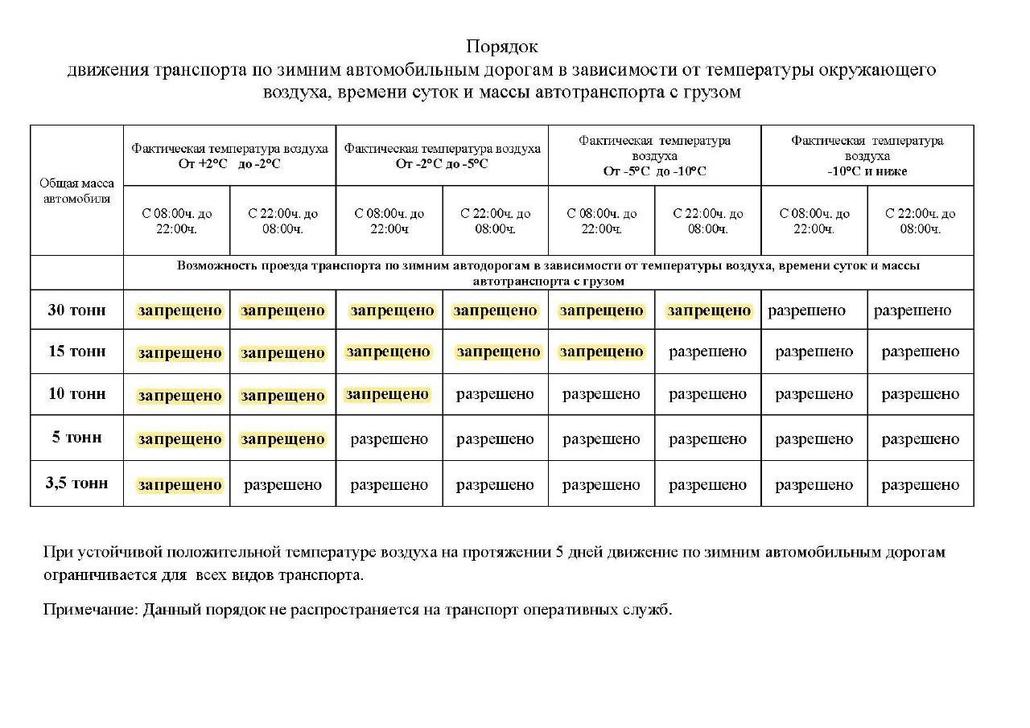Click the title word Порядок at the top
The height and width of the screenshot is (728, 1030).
502,47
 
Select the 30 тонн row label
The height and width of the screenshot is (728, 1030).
76,310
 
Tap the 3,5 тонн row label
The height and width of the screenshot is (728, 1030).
76,483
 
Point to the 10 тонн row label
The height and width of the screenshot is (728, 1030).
76,394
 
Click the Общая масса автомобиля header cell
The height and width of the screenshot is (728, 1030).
76,191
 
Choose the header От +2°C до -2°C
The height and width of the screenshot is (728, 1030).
229,163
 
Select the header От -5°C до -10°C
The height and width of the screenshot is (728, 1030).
653,171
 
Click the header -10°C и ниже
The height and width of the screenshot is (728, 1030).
867,171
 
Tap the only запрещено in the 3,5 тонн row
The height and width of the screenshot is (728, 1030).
179,484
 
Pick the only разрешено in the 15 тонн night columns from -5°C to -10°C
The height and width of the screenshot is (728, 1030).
707,352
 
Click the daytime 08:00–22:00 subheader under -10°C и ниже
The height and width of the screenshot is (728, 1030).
814,221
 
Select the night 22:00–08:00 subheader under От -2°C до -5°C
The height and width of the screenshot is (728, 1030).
495,221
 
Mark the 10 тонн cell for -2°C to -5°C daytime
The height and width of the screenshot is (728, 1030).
387,394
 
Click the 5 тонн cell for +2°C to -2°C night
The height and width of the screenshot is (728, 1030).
282,439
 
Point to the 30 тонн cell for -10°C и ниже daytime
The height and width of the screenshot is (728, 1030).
806,311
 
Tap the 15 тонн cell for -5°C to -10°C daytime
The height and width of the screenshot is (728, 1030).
601,352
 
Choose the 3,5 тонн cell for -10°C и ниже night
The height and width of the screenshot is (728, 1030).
920,485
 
